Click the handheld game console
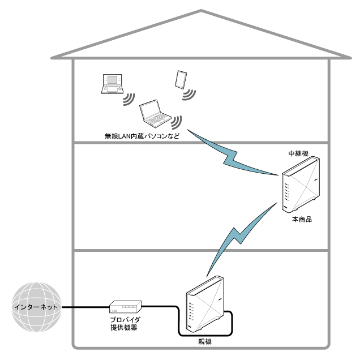(x=113, y=84)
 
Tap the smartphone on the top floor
(x=181, y=79)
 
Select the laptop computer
(x=155, y=113)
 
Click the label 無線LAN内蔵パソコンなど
(x=142, y=136)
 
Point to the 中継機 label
(x=298, y=153)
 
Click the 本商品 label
(x=302, y=219)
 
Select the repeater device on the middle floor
(x=301, y=183)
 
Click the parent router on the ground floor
(x=205, y=304)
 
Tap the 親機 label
(x=205, y=342)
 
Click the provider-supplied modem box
(x=125, y=307)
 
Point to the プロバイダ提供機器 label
(x=125, y=324)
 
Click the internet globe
(x=36, y=307)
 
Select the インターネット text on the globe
(x=36, y=307)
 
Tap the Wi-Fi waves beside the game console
(x=129, y=100)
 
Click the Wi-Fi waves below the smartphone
(x=189, y=95)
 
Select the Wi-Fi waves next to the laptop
(x=177, y=122)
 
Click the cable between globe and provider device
(x=85, y=307)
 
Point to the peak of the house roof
(x=201, y=10)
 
